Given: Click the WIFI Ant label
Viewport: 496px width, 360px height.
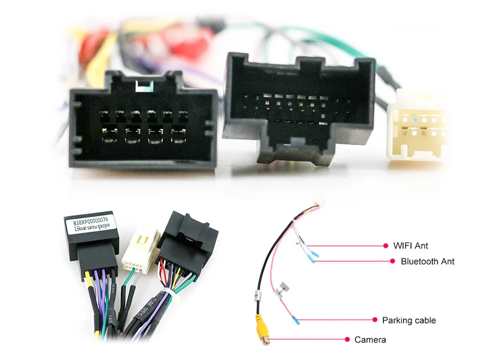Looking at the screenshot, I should click(410, 245).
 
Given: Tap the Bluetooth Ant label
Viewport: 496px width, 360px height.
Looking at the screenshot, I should click(427, 261).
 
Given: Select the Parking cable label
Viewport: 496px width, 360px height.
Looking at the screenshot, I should click(409, 320).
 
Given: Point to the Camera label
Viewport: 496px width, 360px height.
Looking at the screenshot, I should click(370, 340).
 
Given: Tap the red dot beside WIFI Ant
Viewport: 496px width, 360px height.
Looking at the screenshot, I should click(385, 245).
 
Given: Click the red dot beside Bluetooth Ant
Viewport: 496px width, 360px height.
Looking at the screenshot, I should click(393, 261).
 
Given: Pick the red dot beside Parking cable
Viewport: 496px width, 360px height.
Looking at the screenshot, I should click(374, 319).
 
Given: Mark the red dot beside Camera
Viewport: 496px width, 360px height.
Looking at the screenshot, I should click(347, 339).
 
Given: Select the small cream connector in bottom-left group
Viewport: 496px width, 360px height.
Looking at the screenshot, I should click(141, 251).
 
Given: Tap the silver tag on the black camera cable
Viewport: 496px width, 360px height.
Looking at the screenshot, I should click(257, 295).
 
